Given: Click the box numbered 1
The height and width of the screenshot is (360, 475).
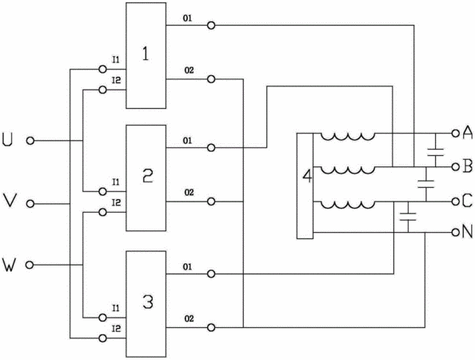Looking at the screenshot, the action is point(146,55).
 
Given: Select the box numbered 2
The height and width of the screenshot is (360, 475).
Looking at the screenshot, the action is point(146,178).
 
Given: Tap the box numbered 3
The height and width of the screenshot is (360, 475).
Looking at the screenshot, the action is point(146,304).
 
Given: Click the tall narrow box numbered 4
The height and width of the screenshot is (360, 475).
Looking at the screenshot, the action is point(305,186).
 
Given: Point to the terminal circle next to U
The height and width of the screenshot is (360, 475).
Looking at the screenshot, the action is point(30,141).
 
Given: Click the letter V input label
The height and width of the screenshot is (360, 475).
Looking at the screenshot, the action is point(9,201).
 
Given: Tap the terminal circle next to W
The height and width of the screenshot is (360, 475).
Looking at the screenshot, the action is point(30,265).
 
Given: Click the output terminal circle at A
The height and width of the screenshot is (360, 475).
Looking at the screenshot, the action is point(455,133).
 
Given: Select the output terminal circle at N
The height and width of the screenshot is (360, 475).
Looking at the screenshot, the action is point(455,233).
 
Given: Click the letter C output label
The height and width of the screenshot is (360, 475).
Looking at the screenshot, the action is point(468,201).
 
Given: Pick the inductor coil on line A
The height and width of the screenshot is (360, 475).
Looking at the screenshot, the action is point(348,136).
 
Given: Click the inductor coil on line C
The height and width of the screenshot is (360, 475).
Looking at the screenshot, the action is point(348,205).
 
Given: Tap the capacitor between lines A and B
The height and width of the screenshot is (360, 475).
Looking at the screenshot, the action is point(436,152).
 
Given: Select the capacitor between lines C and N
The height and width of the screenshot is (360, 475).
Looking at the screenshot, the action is point(408,216).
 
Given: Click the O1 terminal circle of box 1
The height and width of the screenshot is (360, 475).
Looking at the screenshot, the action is point(211,25).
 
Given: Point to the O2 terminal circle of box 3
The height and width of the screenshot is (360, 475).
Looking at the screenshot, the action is point(211,327).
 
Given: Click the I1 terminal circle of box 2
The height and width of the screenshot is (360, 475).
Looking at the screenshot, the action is point(102,191).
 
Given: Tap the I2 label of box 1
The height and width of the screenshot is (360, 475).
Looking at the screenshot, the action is point(116,80).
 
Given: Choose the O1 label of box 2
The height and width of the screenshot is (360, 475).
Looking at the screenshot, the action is point(187,141).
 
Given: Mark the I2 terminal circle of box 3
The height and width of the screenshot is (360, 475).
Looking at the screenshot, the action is point(102,338).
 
